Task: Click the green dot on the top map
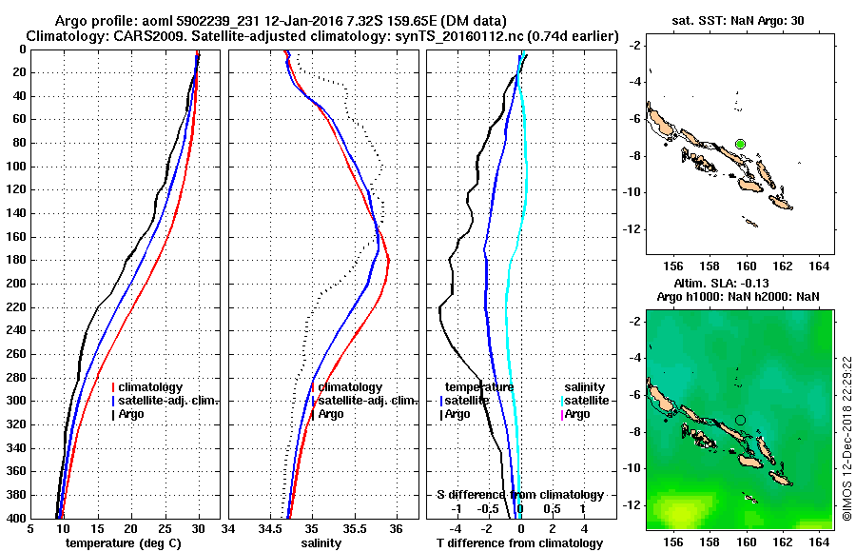(x=740, y=144)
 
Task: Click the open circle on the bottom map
(x=740, y=420)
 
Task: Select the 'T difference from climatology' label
(x=520, y=543)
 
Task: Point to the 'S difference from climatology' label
(x=520, y=495)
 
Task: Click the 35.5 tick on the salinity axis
(x=354, y=529)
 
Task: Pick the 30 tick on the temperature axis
(x=198, y=529)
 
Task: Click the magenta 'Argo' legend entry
(x=584, y=414)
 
